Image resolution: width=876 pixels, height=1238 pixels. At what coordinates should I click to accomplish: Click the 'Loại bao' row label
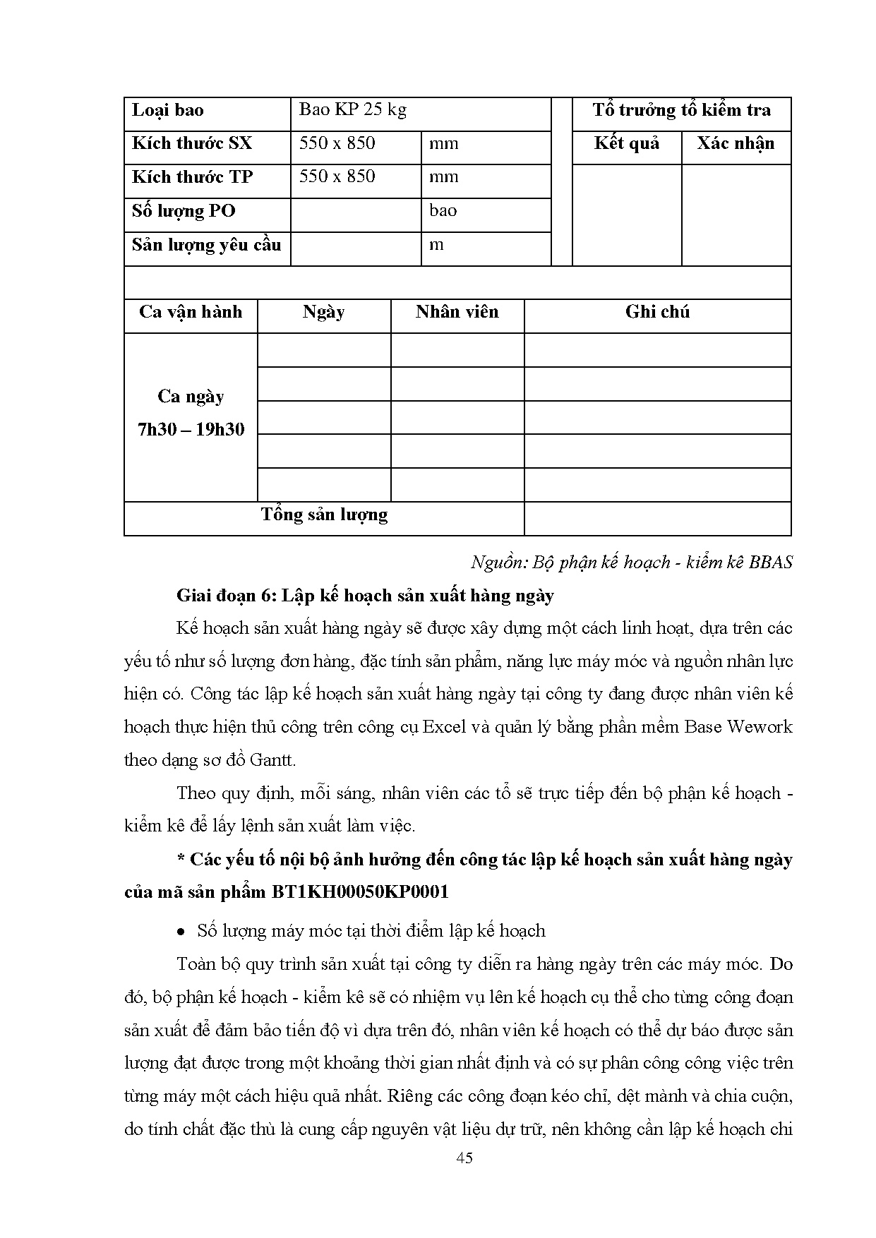click(168, 110)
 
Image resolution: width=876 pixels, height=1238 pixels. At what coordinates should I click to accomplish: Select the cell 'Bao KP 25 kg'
click(352, 109)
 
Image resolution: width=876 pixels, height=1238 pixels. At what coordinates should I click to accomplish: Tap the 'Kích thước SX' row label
click(192, 143)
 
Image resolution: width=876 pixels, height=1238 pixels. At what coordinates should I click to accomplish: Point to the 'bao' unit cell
click(443, 210)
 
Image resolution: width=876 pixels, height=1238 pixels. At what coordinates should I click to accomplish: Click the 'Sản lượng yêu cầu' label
click(206, 245)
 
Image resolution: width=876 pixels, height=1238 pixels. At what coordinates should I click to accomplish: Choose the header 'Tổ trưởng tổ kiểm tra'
click(681, 110)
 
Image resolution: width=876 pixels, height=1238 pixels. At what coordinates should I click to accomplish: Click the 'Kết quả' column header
click(626, 143)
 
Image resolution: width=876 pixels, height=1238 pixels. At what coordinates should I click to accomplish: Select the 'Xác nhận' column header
click(736, 143)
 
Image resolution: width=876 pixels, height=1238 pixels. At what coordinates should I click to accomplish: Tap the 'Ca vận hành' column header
click(191, 312)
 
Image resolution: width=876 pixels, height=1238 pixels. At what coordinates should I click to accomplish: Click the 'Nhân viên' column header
click(457, 312)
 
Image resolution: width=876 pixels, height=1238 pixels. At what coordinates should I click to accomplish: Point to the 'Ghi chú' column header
click(657, 312)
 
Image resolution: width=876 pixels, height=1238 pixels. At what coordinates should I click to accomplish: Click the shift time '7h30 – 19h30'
click(191, 429)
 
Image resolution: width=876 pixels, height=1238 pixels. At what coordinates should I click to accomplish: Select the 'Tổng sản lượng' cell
click(324, 515)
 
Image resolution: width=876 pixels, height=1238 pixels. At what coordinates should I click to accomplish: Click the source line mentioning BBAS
click(632, 562)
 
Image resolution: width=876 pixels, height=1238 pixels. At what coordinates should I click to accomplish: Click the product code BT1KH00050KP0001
click(359, 892)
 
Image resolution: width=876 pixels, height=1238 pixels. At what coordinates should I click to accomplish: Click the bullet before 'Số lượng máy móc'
click(181, 932)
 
